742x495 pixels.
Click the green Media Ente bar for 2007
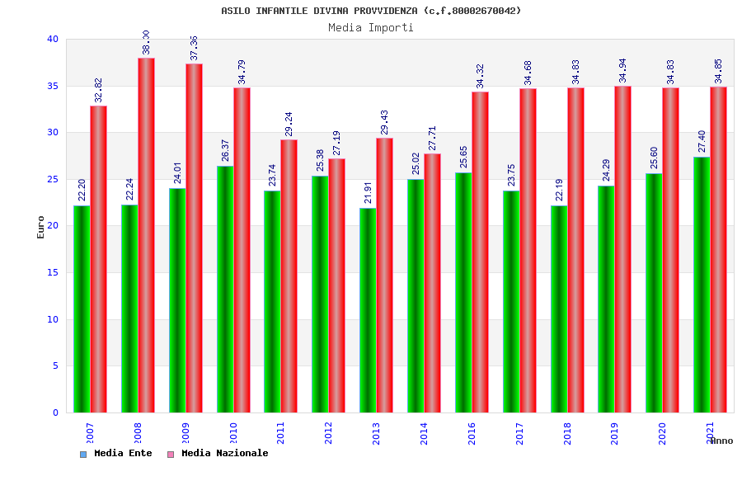point(82,309)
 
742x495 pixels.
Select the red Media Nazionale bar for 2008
point(146,235)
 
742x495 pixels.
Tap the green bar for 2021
point(702,285)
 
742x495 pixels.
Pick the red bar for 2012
point(336,285)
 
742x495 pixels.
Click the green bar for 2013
point(368,310)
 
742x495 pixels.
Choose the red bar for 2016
point(480,252)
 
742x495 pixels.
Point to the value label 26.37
point(226,149)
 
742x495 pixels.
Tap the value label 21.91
point(369,191)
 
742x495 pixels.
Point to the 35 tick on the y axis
point(53,86)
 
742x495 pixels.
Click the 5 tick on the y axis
point(55,365)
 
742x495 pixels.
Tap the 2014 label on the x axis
point(424,434)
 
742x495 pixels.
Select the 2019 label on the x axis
point(615,434)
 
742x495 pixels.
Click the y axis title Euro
point(41,227)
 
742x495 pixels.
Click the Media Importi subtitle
point(371,27)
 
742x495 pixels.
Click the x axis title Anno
point(721,441)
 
